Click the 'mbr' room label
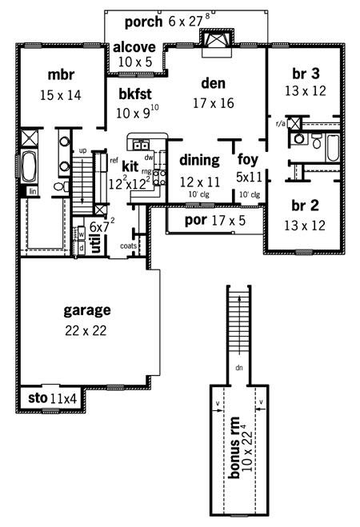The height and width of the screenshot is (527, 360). tap(61, 74)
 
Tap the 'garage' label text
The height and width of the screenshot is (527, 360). tap(87, 310)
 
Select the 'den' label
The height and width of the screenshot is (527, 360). tap(213, 83)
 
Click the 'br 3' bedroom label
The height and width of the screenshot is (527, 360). tap(306, 74)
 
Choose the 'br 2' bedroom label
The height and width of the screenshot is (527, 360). tap(305, 206)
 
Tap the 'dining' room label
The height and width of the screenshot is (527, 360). tap(200, 161)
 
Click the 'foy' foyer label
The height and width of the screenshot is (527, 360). tap(248, 160)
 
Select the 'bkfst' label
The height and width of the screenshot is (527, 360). tap(135, 94)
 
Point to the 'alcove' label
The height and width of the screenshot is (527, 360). tap(134, 47)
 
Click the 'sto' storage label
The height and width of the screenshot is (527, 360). tap(38, 398)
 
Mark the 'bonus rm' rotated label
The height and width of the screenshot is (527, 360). tap(234, 447)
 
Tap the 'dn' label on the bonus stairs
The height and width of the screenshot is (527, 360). tap(239, 368)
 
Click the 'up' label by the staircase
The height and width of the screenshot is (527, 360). tap(82, 151)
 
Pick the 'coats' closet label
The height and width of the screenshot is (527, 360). tap(128, 246)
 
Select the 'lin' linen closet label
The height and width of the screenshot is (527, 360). tap(33, 192)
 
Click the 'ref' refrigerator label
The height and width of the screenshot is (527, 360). tap(114, 160)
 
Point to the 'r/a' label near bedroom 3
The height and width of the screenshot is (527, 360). tap(280, 124)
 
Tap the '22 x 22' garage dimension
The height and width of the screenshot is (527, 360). tap(86, 331)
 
